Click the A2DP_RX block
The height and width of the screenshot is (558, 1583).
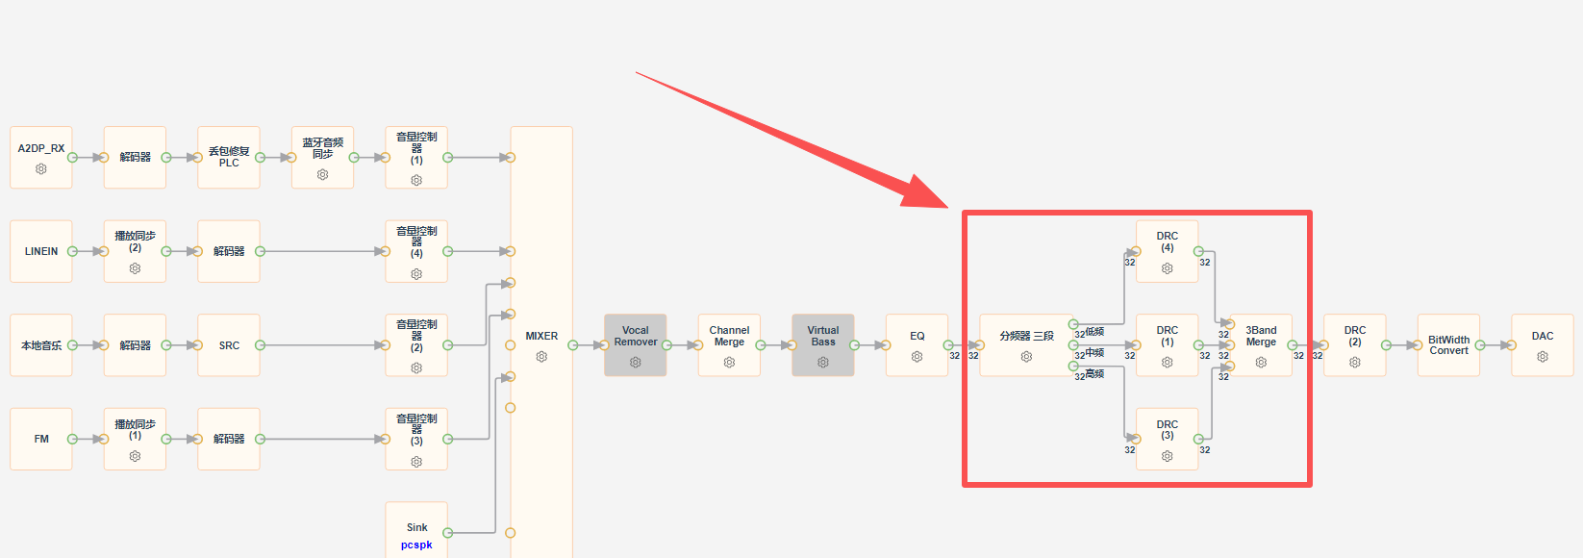[x=41, y=157]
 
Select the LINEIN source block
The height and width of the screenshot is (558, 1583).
[x=41, y=251]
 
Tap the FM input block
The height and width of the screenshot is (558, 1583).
[x=41, y=440]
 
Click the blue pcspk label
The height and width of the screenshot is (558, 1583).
[x=416, y=545]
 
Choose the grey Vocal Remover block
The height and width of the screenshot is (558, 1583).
[x=636, y=345]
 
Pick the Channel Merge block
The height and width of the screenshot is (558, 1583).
[x=729, y=345]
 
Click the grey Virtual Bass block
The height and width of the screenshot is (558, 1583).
[x=823, y=345]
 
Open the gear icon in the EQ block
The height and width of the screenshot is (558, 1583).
[x=917, y=356]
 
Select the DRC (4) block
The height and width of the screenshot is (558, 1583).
[x=1167, y=251]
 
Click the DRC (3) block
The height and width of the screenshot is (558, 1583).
[x=1167, y=440]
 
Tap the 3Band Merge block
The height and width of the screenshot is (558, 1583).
[x=1261, y=345]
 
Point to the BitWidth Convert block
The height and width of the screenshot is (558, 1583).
[x=1448, y=345]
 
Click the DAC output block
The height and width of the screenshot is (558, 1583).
[x=1543, y=345]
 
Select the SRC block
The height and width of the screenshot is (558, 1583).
[x=229, y=345]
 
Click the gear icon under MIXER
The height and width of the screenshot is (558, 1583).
[x=541, y=356]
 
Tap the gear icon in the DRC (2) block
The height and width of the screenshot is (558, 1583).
[x=1355, y=362]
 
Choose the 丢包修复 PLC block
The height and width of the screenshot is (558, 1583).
[x=229, y=157]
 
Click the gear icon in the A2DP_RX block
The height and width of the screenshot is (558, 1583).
[x=41, y=169]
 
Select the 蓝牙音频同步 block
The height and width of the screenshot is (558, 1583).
[x=322, y=157]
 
